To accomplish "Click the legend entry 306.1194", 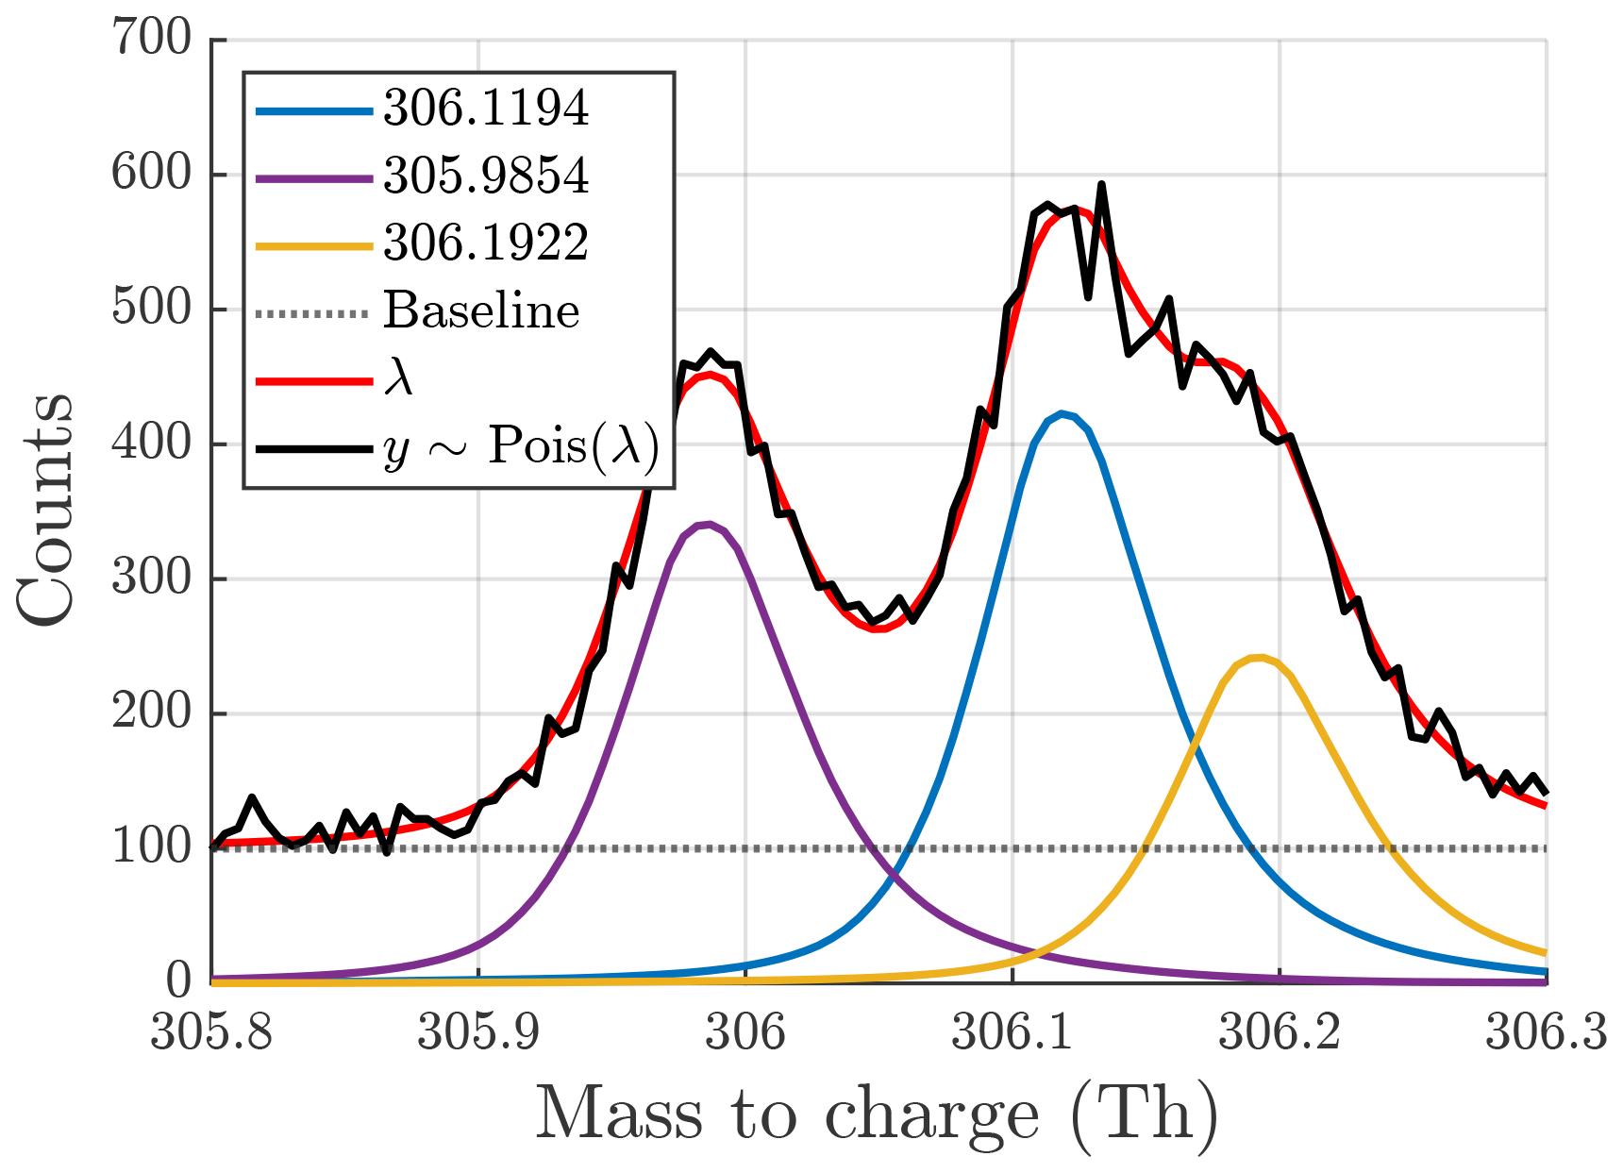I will click(486, 109).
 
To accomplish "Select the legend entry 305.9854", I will click(486, 176).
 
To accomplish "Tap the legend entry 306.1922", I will click(486, 243).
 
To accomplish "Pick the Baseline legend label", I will click(481, 311).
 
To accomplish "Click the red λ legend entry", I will click(398, 379).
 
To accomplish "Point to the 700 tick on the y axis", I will click(151, 40).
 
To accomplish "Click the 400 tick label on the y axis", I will click(151, 444).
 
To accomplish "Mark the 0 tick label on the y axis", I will click(178, 982).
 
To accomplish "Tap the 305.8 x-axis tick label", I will click(211, 1032).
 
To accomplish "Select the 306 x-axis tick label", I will click(745, 1032).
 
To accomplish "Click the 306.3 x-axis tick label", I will click(1546, 1032).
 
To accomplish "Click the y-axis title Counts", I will click(45, 510).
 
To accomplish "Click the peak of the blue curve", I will click(1062, 413).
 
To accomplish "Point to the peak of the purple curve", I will click(708, 523).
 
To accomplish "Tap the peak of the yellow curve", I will click(1260, 657).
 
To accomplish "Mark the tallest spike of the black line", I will click(1101, 184).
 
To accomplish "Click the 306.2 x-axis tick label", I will click(1280, 1032).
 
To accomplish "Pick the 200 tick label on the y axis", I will click(151, 713).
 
